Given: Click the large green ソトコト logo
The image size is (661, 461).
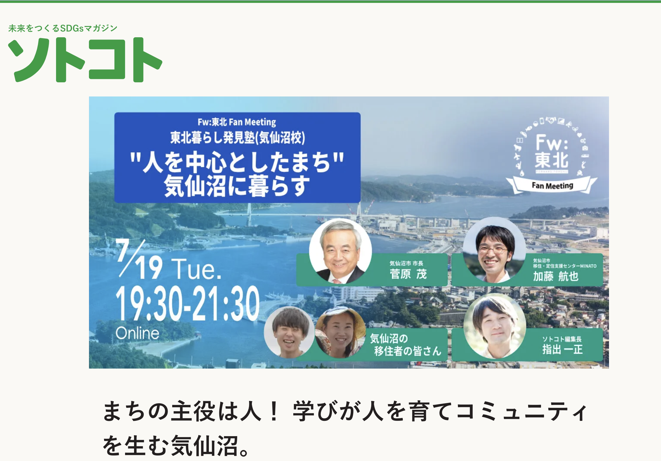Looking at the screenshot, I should [x=85, y=60].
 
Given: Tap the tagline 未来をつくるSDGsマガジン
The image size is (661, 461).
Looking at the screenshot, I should [x=63, y=28].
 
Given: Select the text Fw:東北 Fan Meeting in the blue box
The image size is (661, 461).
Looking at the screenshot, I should [x=237, y=122].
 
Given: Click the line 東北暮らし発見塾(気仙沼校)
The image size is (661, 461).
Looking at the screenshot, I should [x=237, y=137].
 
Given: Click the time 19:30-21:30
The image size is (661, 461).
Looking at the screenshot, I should [x=187, y=303].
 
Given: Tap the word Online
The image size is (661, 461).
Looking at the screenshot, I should [x=137, y=333].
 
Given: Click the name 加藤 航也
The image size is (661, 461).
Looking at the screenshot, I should [x=556, y=276].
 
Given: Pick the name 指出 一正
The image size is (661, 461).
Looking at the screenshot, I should [x=562, y=350].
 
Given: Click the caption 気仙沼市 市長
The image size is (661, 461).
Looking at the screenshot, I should [x=406, y=263].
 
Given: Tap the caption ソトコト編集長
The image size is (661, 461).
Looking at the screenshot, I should [x=562, y=339].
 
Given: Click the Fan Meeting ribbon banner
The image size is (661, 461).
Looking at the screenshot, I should [x=552, y=186].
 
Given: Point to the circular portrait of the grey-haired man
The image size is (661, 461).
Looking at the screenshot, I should [x=340, y=251].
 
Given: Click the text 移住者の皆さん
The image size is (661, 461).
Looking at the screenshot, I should [x=407, y=351].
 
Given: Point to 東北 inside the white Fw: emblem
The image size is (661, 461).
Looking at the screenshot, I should [x=552, y=161].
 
